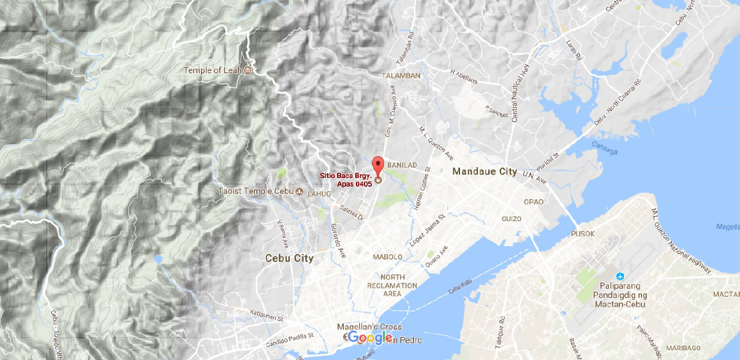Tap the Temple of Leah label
click(212, 70)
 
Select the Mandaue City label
click(485, 172)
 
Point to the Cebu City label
click(289, 258)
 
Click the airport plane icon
click(621, 276)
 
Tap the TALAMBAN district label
click(401, 76)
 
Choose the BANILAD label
click(402, 165)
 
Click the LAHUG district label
click(319, 194)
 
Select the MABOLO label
click(388, 257)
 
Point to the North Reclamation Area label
click(392, 285)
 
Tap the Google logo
click(371, 338)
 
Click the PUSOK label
click(583, 234)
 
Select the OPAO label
click(534, 202)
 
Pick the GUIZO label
click(512, 219)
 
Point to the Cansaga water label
click(605, 145)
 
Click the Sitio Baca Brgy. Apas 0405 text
click(345, 179)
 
